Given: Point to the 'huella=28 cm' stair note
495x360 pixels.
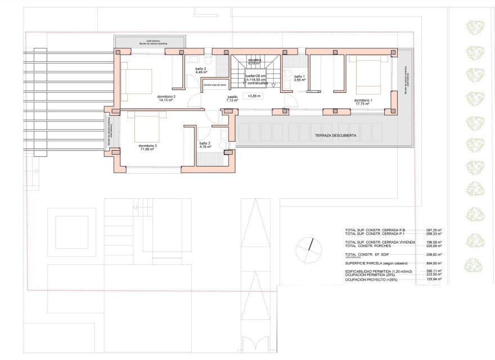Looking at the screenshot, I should [256, 75].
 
